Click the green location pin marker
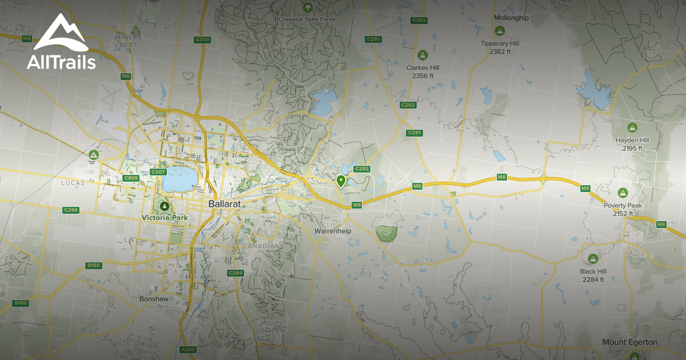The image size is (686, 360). click(x=341, y=182)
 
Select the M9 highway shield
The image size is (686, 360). click(x=502, y=177)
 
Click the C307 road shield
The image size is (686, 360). click(x=158, y=172)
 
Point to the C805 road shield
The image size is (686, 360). click(x=131, y=178)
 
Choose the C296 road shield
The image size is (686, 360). click(x=71, y=210)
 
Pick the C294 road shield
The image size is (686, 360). click(x=236, y=273)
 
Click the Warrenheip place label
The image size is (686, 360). click(x=332, y=231)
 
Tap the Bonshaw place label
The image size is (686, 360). click(x=153, y=299)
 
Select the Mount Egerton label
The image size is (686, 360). click(x=629, y=342)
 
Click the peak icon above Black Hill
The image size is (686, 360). click(x=593, y=259)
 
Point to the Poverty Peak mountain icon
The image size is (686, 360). click(x=623, y=193)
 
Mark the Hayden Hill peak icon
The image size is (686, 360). click(x=632, y=127)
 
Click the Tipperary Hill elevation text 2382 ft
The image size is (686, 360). click(x=500, y=51)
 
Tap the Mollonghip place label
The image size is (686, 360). click(x=511, y=18)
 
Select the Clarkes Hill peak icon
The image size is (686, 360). click(x=423, y=55)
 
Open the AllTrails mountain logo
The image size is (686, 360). click(x=61, y=34)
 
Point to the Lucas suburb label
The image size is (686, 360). click(x=73, y=183)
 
